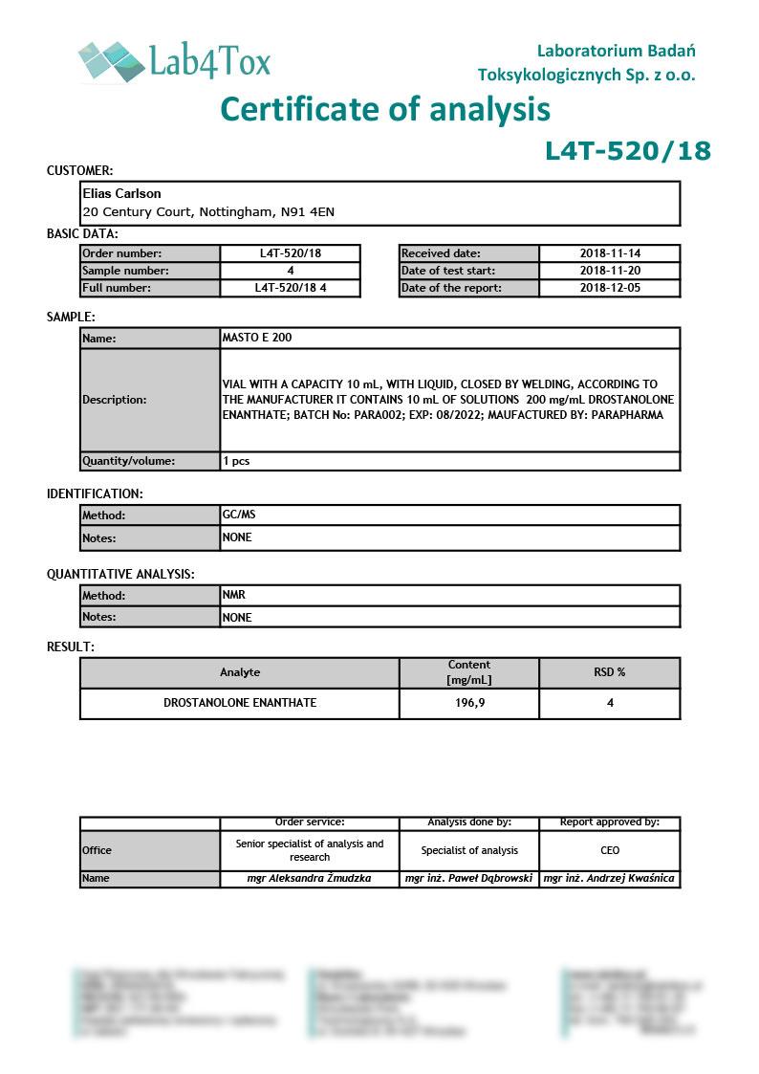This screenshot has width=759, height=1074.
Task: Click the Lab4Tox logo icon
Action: tap(111, 60)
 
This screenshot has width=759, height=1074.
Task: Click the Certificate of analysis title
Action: tap(385, 109)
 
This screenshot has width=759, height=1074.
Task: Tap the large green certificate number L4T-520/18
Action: tap(628, 151)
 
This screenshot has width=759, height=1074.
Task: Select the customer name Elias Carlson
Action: tap(121, 193)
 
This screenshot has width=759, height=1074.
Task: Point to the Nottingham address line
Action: tap(208, 211)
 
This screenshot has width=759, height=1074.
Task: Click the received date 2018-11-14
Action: tap(610, 253)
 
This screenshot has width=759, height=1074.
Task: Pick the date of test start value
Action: tap(610, 271)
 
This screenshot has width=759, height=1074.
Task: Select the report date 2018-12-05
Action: tap(610, 288)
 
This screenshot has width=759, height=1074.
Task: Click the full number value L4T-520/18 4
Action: tap(291, 288)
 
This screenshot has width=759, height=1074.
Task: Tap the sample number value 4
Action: tap(291, 271)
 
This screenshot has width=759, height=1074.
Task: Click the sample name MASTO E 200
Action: tap(257, 338)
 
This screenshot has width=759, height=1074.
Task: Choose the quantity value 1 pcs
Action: tap(237, 461)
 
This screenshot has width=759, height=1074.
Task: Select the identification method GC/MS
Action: tap(239, 515)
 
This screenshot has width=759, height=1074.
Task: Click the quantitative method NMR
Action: tap(234, 595)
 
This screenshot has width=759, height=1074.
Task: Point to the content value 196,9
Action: tap(468, 703)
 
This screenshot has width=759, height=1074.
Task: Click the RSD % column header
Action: tap(610, 672)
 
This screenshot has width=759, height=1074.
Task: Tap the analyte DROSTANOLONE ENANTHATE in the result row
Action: tap(240, 703)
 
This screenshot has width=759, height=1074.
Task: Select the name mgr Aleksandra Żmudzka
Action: tap(310, 878)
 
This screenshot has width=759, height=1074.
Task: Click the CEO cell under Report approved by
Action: tap(610, 850)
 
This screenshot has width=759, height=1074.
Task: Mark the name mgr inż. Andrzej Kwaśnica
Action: tap(609, 878)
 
